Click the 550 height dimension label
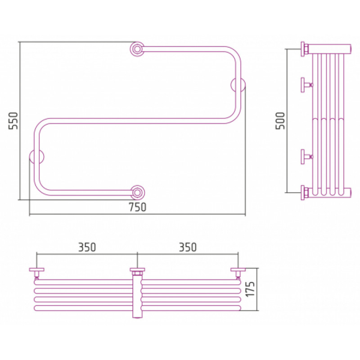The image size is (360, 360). (13, 121)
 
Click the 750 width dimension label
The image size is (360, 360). (137, 207)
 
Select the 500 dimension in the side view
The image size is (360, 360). (280, 121)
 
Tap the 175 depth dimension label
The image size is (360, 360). (250, 289)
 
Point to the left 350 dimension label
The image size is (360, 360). (87, 247)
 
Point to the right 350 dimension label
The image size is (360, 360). (188, 247)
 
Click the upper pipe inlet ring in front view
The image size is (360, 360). (137, 49)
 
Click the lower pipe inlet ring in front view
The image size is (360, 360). (137, 193)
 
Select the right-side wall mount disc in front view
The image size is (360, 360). (238, 85)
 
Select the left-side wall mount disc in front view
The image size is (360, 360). (37, 157)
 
